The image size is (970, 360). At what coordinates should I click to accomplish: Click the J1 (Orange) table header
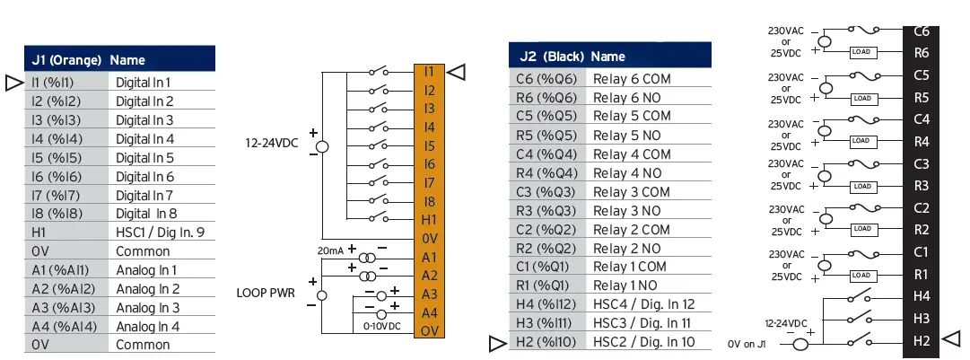[66, 60]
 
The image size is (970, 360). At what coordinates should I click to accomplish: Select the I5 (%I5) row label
[50, 158]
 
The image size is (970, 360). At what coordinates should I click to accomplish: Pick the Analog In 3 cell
[147, 308]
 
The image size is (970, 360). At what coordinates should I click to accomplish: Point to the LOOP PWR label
[268, 293]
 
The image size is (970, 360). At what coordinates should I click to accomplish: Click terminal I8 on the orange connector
[429, 201]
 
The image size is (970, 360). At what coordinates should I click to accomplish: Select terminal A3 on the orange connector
[429, 294]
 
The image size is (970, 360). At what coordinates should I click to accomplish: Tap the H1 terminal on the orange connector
[429, 220]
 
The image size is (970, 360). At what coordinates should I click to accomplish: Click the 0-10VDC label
[383, 327]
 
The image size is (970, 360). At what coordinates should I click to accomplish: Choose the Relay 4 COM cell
[632, 154]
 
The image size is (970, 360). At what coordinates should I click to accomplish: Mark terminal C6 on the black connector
[921, 31]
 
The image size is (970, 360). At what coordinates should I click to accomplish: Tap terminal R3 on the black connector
[921, 186]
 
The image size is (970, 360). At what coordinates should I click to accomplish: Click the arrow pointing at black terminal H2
[953, 338]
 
